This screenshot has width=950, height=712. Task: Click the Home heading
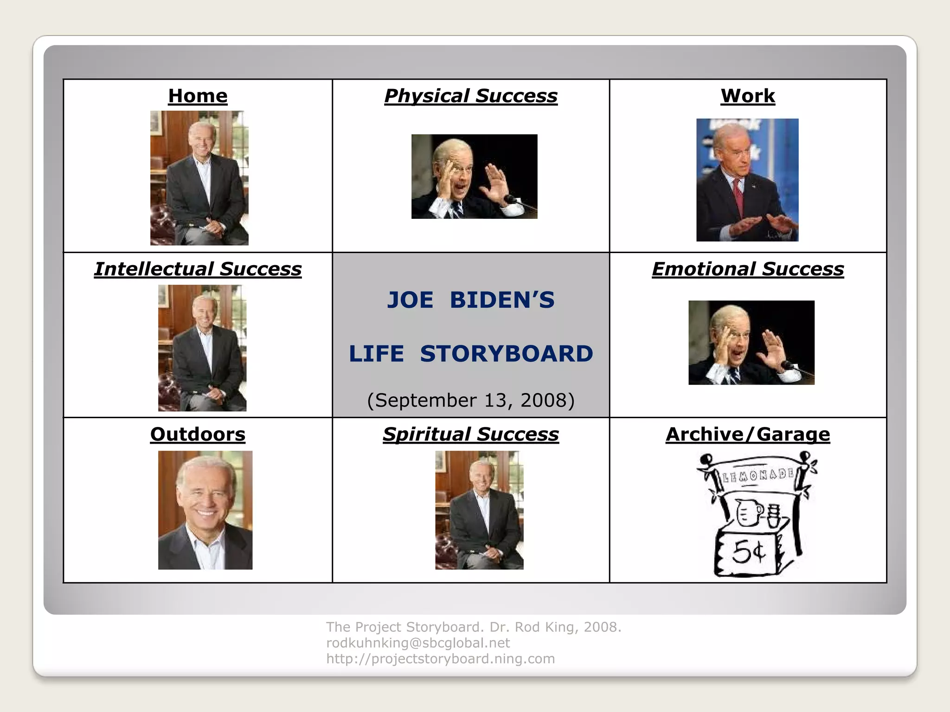tap(198, 96)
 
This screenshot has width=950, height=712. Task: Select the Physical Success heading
tap(470, 96)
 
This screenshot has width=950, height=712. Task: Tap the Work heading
tap(747, 96)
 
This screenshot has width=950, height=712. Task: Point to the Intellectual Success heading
tap(198, 269)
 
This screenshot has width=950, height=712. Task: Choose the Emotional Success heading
tap(747, 269)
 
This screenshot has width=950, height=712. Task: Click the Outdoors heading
tap(198, 434)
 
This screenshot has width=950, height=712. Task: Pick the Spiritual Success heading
tap(470, 434)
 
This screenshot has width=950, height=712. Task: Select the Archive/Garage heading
tap(747, 434)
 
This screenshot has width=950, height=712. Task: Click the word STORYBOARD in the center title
tap(507, 353)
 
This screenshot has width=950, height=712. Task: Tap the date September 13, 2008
tap(470, 400)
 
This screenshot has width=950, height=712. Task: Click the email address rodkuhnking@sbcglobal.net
tap(418, 643)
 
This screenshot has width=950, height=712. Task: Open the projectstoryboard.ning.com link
tap(440, 659)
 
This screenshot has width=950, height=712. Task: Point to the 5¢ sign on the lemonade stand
tap(747, 553)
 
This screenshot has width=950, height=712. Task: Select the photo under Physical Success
tap(474, 176)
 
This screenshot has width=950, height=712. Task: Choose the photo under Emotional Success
tap(751, 343)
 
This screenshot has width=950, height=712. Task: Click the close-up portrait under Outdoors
tap(205, 510)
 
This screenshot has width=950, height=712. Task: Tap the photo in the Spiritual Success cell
tap(479, 510)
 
